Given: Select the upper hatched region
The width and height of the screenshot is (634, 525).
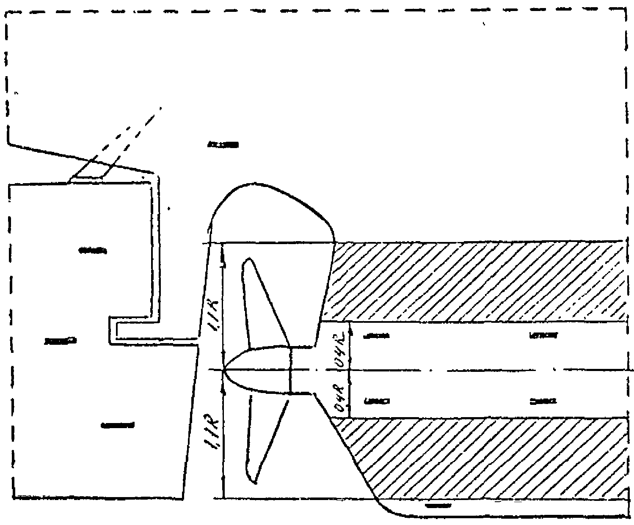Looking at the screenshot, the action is tap(474, 281).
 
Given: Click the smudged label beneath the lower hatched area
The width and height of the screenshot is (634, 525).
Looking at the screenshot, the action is tap(438, 506).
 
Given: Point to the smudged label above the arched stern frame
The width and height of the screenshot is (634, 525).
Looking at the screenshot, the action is tap(223, 145).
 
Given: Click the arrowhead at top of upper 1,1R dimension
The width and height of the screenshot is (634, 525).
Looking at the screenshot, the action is tap(223, 247).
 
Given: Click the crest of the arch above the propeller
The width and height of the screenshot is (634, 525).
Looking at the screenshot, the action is tap(254, 184).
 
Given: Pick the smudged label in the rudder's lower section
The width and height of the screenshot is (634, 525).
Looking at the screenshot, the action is tap(118, 425).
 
